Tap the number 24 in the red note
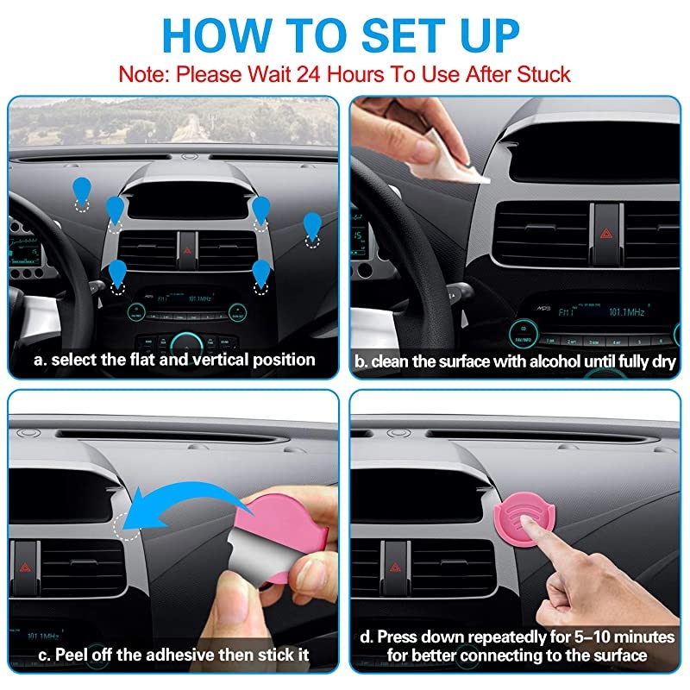pos(308,74)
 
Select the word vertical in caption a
pos(220,360)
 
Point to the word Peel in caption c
pos(71,655)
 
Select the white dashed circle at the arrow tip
pos(126,527)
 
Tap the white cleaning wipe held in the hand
pos(444,163)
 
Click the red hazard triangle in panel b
pos(606,233)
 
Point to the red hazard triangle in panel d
pos(395,568)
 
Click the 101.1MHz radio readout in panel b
pos(627,312)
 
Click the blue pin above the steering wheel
pos(82,191)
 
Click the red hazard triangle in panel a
pos(187,250)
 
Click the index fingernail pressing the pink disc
pos(524,521)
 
